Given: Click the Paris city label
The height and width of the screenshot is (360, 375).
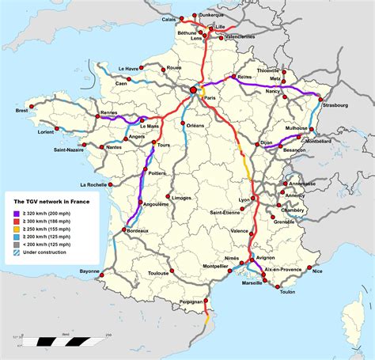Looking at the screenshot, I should click(x=210, y=97).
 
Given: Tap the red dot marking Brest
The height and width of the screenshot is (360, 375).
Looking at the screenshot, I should click(x=32, y=104).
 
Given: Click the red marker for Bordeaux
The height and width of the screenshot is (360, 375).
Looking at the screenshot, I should click(x=124, y=230).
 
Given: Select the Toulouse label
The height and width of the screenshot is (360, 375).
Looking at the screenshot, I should click(x=158, y=274).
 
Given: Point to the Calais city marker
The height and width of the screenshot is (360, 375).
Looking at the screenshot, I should click(x=181, y=17).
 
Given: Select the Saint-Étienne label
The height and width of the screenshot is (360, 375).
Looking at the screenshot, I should click(x=226, y=213).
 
